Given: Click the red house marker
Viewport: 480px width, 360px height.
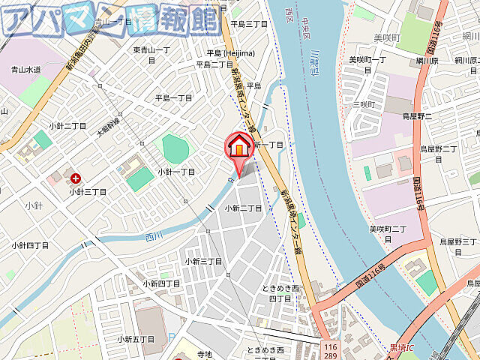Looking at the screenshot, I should pos(238,144).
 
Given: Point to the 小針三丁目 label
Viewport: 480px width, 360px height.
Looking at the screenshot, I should pos(88,192).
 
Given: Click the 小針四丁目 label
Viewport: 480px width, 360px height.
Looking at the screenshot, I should pos(30,245).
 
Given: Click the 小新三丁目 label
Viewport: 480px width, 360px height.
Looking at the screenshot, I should pos(203,261).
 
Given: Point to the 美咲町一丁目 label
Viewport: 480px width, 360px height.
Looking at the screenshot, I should pos(367,60).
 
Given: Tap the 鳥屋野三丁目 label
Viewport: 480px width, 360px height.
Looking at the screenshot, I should pos(457,241).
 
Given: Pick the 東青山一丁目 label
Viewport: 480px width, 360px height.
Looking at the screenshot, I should pos(154,55).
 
